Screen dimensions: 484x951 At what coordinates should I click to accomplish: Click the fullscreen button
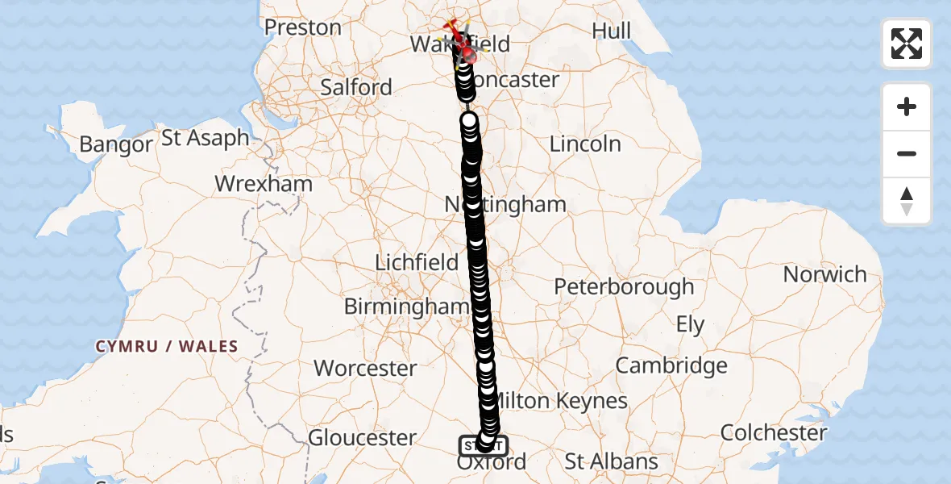pos(907,44)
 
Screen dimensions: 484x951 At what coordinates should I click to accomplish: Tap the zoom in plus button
pos(907,106)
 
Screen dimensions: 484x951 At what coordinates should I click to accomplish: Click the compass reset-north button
pos(907,201)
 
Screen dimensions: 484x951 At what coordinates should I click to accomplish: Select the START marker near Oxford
pos(483,444)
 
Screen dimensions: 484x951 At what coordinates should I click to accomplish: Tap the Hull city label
pos(611,31)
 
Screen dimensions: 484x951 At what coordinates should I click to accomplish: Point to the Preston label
pos(303,27)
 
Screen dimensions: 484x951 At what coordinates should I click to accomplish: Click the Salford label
pos(356,87)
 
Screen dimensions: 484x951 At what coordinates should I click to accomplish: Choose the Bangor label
pos(116,145)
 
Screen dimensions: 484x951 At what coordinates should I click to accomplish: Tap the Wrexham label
pos(264,183)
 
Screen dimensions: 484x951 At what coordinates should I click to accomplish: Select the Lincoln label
pos(585,144)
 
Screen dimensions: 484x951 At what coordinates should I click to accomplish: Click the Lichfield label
pos(417,262)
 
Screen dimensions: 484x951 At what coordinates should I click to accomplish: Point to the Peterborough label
pos(625,286)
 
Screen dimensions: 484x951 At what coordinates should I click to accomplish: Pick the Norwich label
pos(825,274)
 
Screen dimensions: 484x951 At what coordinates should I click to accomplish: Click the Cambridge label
pos(671,365)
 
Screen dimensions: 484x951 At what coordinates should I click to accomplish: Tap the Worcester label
pos(365,369)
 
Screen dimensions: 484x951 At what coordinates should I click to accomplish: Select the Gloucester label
pos(363,438)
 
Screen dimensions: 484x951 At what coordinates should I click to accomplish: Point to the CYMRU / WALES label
pos(167,347)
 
